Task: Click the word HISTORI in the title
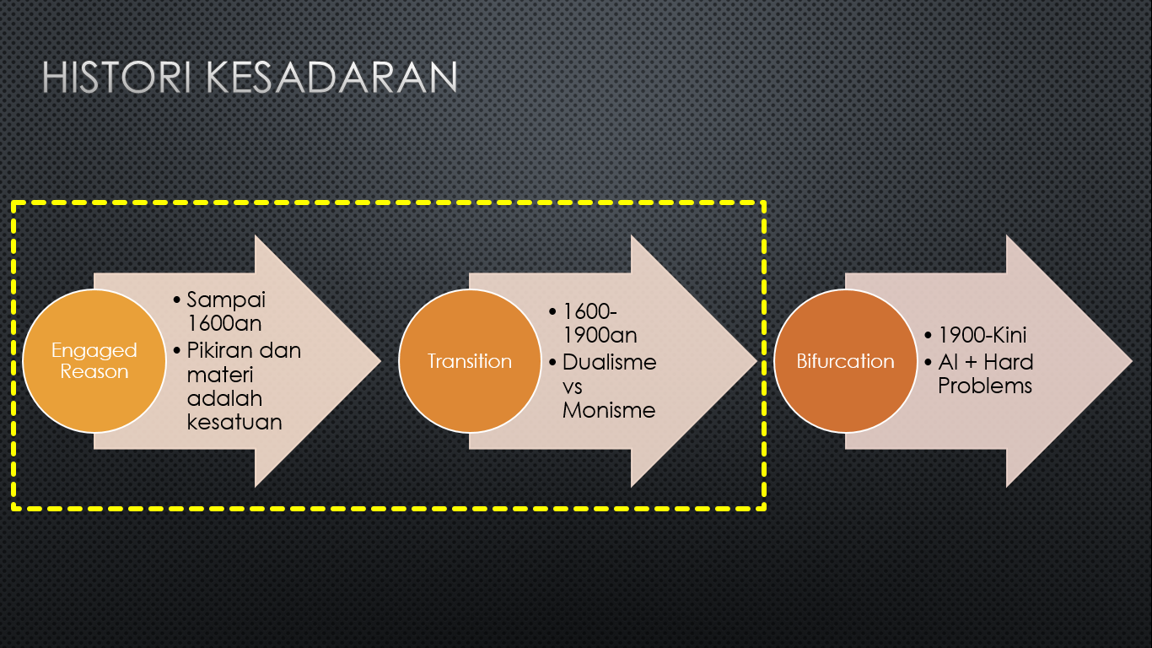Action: click(116, 78)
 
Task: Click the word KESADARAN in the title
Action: click(331, 78)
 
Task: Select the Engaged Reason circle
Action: click(94, 361)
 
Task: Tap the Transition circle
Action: click(470, 361)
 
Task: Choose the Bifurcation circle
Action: click(846, 361)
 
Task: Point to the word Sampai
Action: click(226, 300)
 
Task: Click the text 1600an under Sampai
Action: click(224, 323)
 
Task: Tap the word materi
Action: click(219, 374)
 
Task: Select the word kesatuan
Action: click(234, 422)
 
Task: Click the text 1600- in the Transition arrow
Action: click(589, 311)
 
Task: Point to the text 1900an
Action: click(600, 335)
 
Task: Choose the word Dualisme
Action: click(610, 362)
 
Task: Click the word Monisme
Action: click(609, 410)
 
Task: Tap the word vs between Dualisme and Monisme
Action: click(573, 387)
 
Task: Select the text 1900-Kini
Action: click(982, 335)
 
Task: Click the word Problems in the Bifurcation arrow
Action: click(985, 386)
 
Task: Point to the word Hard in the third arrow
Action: click(1009, 362)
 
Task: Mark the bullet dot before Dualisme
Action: click(553, 362)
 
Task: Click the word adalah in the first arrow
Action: click(224, 398)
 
